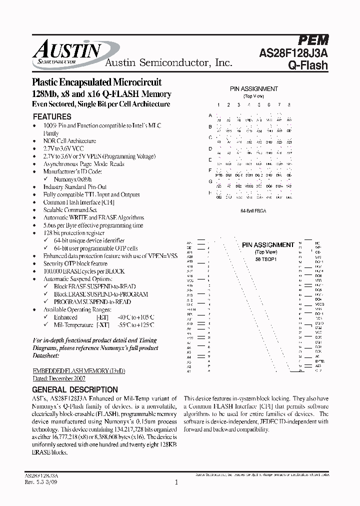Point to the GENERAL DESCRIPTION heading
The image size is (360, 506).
click(x=75, y=389)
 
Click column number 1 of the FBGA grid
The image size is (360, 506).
click(x=218, y=104)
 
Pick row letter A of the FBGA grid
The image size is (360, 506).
click(x=210, y=115)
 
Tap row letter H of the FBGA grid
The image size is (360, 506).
click(x=210, y=192)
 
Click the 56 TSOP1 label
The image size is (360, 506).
click(x=268, y=259)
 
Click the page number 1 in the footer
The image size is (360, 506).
click(x=176, y=482)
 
